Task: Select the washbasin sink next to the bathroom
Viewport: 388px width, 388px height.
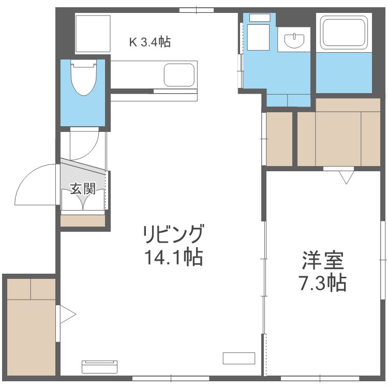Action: point(294,40)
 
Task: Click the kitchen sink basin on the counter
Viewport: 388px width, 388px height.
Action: point(179,75)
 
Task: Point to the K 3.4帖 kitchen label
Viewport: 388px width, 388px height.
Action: point(150,42)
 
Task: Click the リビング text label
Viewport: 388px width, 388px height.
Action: point(174,234)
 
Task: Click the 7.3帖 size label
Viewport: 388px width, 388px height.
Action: point(322,282)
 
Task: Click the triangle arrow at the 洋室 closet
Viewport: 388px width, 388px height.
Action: point(347,177)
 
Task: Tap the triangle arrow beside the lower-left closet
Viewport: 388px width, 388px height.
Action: point(68,315)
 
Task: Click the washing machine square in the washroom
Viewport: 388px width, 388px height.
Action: point(258,38)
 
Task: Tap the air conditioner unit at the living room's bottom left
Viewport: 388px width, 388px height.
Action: point(99,367)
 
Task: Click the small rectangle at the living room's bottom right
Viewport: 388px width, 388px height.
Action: point(239,358)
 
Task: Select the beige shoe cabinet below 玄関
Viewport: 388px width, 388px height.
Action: point(83,220)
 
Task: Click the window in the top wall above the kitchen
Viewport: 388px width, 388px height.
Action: point(197,10)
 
